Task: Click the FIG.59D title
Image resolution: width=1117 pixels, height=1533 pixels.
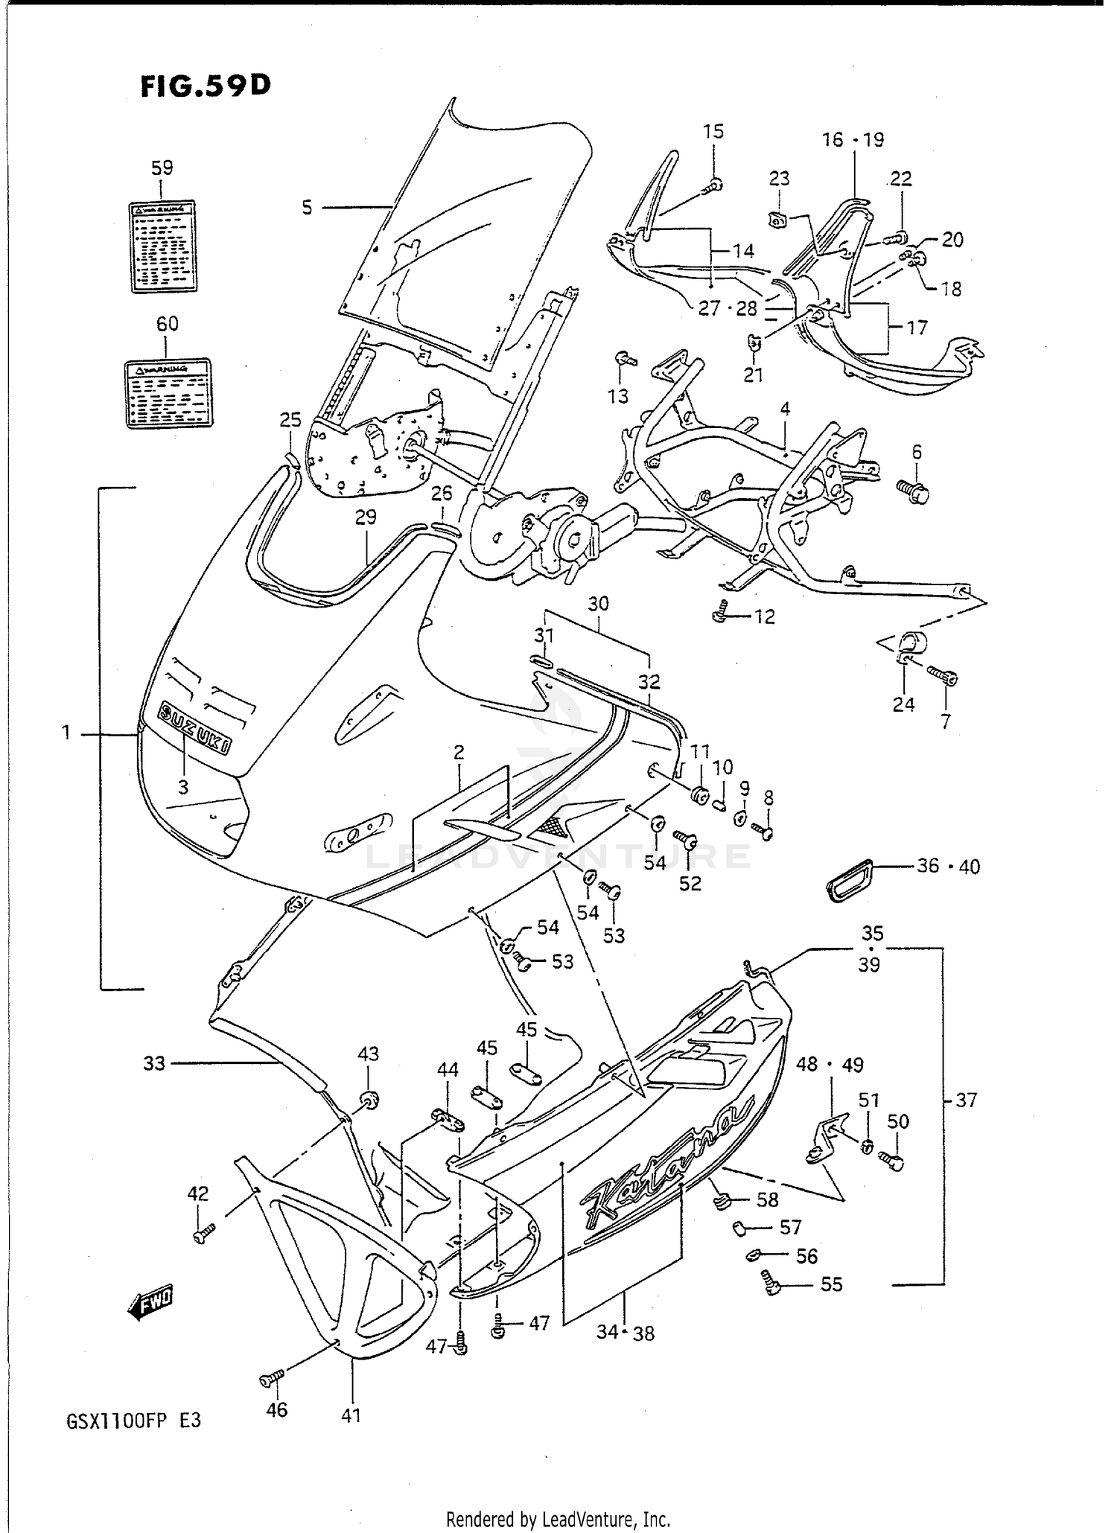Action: (x=206, y=86)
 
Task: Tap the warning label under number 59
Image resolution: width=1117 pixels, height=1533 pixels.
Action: (x=163, y=246)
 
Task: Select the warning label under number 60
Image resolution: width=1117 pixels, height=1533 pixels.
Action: (x=168, y=394)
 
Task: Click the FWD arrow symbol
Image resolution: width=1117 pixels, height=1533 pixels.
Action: (x=150, y=1304)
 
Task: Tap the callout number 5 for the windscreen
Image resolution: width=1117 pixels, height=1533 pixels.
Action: (x=307, y=208)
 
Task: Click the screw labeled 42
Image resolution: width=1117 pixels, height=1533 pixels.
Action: (x=203, y=1234)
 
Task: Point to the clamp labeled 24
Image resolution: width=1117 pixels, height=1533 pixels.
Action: (x=908, y=646)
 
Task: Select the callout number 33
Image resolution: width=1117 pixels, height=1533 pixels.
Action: (x=153, y=1063)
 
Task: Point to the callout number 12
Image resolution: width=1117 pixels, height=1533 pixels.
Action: (x=764, y=616)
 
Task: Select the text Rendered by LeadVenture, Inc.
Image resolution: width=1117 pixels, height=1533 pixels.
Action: (x=558, y=1518)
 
